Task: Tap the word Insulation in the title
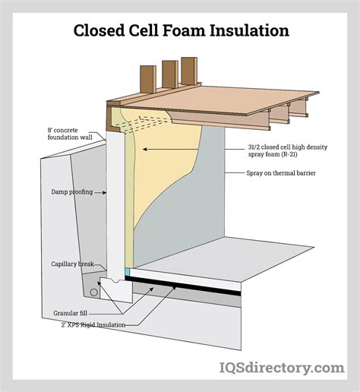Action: pyautogui.click(x=245, y=31)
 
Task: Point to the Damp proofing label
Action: pyautogui.click(x=72, y=191)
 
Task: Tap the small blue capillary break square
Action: pyautogui.click(x=128, y=271)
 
